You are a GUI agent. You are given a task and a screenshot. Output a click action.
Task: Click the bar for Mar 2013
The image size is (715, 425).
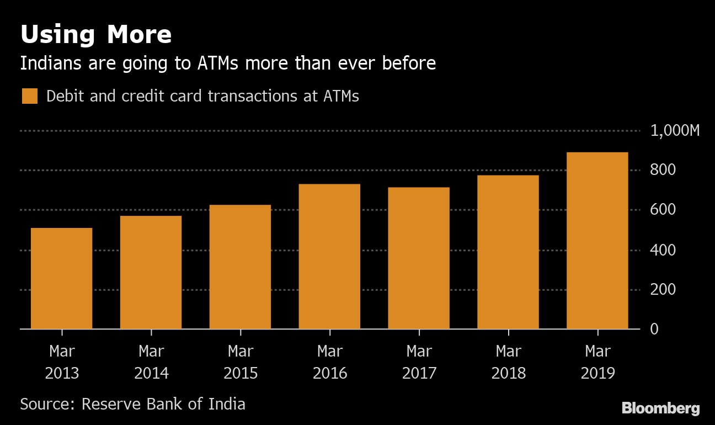[x=61, y=278]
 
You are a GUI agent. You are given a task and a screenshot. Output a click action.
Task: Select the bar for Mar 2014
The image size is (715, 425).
[x=151, y=272]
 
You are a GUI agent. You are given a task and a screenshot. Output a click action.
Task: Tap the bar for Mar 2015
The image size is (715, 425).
[x=240, y=267]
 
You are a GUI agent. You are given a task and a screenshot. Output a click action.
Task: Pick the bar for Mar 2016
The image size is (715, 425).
[x=329, y=256]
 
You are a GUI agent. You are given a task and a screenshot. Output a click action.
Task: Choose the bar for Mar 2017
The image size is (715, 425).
[x=419, y=258]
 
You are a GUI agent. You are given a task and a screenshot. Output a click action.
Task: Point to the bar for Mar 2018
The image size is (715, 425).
[x=508, y=252]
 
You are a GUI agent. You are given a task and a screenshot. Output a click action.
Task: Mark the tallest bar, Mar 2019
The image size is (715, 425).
[x=597, y=240]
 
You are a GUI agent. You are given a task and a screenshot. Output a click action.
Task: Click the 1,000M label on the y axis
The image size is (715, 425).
[x=675, y=131]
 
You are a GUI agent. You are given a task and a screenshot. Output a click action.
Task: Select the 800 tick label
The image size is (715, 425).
[x=663, y=170]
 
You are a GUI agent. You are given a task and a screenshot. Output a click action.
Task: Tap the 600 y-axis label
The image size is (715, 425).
[x=663, y=210]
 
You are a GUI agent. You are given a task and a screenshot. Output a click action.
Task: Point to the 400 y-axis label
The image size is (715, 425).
[x=663, y=250]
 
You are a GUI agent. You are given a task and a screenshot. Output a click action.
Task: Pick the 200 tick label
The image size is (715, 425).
[x=663, y=290]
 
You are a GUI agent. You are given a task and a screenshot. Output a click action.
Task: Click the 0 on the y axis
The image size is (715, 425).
[x=654, y=329]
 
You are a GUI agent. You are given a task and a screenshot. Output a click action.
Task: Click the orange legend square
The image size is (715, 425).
[x=30, y=96]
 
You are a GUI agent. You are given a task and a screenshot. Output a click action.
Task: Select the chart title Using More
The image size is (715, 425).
[x=96, y=35]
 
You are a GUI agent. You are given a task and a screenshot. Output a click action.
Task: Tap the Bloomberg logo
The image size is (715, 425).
[x=661, y=408]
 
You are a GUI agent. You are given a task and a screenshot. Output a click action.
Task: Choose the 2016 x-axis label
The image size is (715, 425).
[x=330, y=373]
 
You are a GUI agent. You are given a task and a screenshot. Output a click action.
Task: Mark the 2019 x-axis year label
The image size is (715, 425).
[x=598, y=373]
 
